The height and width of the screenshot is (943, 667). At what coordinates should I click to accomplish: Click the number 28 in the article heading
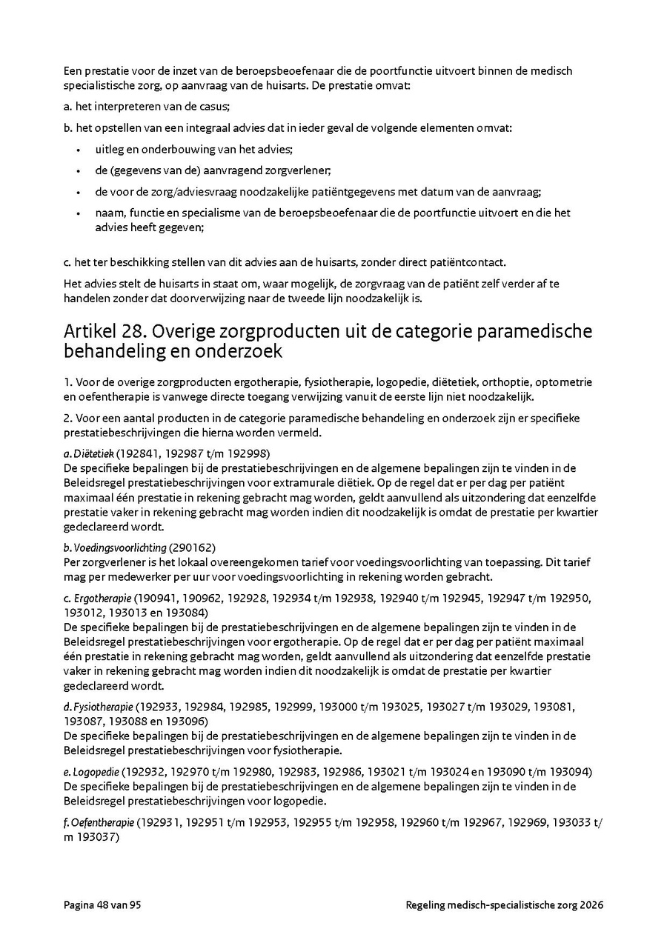[x=124, y=330]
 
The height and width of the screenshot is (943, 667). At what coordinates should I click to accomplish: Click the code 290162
[x=192, y=547]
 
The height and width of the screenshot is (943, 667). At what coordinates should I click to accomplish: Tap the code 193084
[x=185, y=613]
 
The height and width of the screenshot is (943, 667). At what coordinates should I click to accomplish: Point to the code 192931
[x=161, y=822]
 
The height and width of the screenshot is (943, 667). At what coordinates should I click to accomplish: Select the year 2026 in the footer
[x=592, y=905]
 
